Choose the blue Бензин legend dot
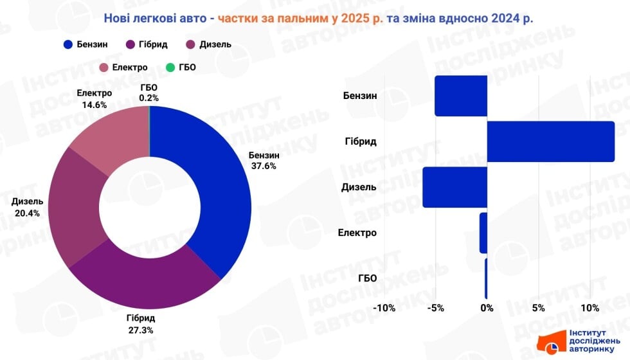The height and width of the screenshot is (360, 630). pos(68,44)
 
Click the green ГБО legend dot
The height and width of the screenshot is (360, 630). pos(170,67)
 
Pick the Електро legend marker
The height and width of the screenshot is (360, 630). pos(105,67)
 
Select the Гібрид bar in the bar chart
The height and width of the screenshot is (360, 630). pos(550,141)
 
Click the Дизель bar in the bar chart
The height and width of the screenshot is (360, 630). pos(455,187)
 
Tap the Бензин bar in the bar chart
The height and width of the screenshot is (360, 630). pos(461,96)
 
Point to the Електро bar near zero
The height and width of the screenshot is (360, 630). pos(483,233)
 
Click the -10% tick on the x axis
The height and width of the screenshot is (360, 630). pos(384,308)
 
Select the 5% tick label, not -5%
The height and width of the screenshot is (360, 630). pos(539,308)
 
